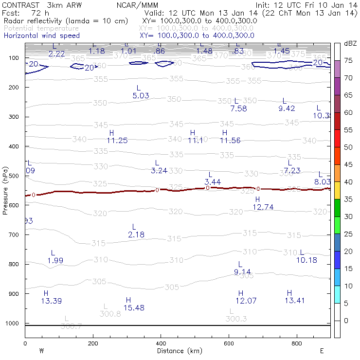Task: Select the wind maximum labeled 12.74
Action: (263, 207)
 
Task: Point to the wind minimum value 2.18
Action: (136, 235)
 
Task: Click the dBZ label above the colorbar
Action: (350, 43)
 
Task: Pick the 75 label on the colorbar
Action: (348, 60)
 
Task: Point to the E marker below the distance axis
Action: (322, 350)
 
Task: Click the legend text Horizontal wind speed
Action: (42, 36)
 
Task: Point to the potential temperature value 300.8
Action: (110, 314)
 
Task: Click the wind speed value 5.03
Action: (141, 96)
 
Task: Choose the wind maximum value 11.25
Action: (117, 141)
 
